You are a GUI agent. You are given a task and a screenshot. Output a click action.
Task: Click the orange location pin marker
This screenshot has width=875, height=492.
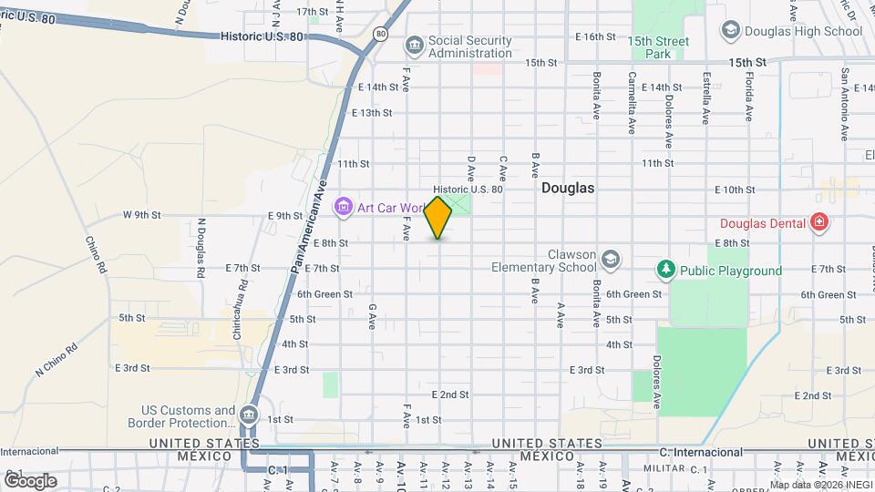coord(438,217)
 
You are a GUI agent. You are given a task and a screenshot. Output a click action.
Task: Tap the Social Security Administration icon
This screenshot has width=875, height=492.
coord(415,45)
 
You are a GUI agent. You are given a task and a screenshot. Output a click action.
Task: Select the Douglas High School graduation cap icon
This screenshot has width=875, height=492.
coord(729,31)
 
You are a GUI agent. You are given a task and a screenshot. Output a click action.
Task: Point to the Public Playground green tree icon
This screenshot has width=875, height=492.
coord(667,270)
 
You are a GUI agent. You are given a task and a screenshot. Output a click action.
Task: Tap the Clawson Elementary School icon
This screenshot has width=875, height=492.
coord(610,260)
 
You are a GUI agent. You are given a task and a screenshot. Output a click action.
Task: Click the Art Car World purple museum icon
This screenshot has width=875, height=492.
coord(344,208)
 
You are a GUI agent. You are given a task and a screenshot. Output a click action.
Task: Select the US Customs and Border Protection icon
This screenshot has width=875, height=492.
coord(248,416)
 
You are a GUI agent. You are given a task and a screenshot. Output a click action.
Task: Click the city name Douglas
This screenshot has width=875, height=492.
coord(567,189)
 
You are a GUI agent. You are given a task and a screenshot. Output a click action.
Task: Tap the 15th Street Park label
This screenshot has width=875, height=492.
coord(658,47)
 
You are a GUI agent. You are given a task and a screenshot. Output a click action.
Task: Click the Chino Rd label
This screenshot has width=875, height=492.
coord(96,255)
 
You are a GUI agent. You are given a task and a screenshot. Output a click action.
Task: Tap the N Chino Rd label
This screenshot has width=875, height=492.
coord(55,358)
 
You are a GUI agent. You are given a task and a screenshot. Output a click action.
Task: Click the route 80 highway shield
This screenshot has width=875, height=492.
coord(381,34)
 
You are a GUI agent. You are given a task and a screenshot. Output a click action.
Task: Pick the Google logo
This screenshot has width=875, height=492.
coord(30,479)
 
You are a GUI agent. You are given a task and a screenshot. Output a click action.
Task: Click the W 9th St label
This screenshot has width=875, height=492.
coord(141,215)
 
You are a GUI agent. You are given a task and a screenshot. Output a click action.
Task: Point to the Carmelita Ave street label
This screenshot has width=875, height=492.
coord(632,103)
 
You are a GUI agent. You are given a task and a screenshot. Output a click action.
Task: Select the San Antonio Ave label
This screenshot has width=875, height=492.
coord(845,103)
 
